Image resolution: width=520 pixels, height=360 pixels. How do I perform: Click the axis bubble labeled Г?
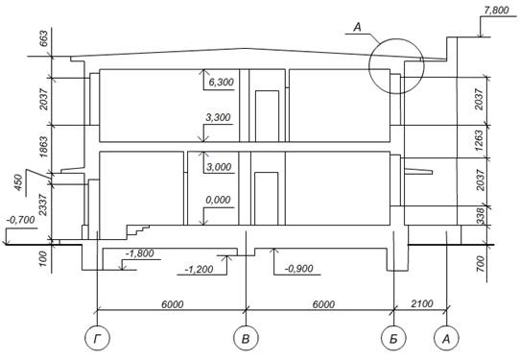[97, 338]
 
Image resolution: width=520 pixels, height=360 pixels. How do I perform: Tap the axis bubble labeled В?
[246, 338]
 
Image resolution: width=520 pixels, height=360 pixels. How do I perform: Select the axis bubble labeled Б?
[393, 338]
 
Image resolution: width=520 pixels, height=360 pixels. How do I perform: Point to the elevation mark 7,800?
[496, 11]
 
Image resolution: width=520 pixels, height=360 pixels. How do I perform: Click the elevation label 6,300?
[222, 82]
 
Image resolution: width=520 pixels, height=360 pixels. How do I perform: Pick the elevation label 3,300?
[218, 117]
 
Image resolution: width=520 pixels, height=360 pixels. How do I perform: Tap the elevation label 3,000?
[219, 167]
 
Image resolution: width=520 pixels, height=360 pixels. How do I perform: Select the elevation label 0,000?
[218, 200]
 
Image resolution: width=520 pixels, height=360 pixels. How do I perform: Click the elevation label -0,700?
[21, 220]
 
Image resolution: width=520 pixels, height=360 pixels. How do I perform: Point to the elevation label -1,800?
[140, 253]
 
